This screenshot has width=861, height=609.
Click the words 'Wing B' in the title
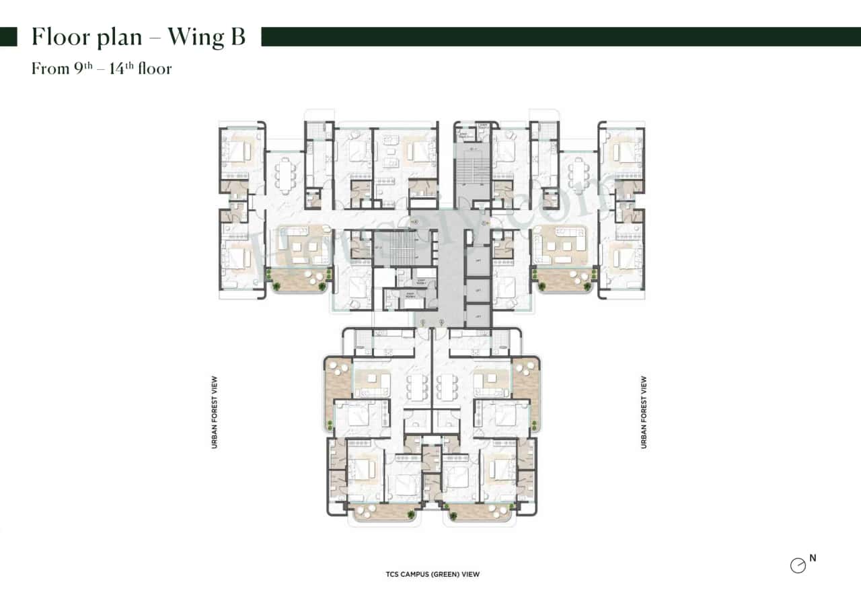click(206, 37)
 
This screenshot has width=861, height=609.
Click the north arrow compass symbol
click(798, 566)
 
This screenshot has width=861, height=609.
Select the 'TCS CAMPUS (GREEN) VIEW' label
click(433, 575)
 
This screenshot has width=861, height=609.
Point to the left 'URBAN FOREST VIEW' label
click(215, 413)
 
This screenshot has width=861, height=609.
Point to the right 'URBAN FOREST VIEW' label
click(644, 413)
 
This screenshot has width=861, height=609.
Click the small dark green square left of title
click(8, 37)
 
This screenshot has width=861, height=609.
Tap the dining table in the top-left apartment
click(286, 176)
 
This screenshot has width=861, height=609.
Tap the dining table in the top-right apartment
click(577, 176)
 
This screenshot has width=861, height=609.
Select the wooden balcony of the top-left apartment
click(299, 279)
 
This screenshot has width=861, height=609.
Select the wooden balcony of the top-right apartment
click(564, 279)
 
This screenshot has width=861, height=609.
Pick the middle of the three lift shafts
click(478, 291)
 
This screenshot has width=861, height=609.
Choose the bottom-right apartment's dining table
click(446, 388)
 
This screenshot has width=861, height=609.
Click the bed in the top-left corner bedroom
click(236, 152)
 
